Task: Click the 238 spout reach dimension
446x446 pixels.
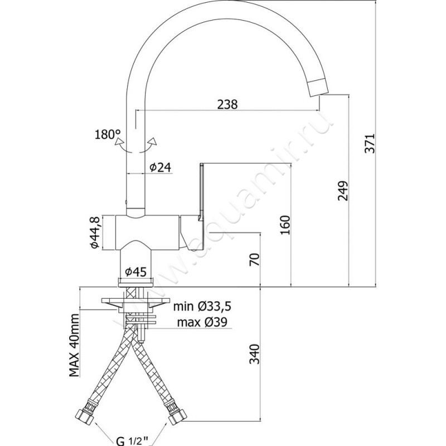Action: [x=227, y=104]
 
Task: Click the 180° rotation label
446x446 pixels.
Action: [x=108, y=134]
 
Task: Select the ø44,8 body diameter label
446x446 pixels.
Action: [x=95, y=234]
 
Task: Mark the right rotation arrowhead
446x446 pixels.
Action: [x=151, y=141]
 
